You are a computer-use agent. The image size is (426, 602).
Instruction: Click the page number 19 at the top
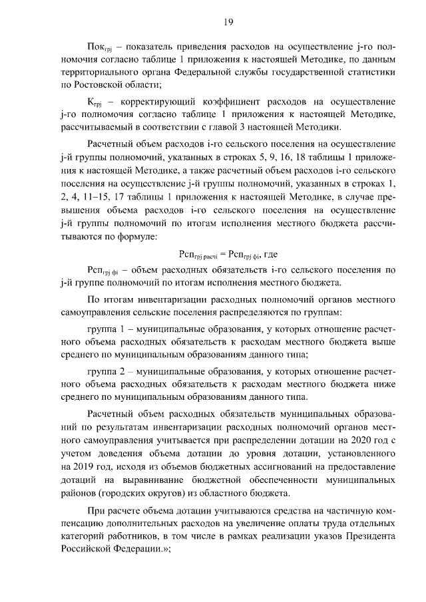tap(228, 23)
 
